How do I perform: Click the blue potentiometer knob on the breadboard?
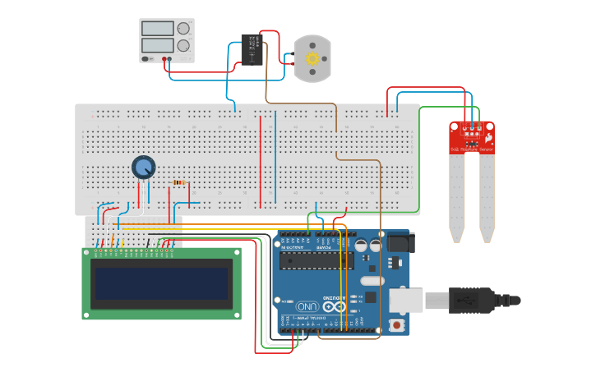(x=143, y=168)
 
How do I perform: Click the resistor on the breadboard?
(x=179, y=183)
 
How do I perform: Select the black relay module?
(x=252, y=50)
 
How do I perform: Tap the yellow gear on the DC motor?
(x=312, y=58)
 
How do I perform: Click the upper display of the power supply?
(x=157, y=29)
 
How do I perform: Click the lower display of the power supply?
(x=157, y=45)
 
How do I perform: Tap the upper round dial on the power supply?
(x=183, y=29)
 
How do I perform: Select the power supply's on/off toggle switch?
(x=147, y=59)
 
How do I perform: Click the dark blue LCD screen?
(x=161, y=283)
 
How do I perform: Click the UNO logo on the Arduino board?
(x=306, y=305)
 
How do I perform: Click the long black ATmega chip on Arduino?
(x=317, y=260)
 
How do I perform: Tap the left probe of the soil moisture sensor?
(x=456, y=197)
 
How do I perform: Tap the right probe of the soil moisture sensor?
(x=487, y=197)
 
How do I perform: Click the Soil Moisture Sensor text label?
(x=472, y=149)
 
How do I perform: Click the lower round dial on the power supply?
(x=183, y=46)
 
